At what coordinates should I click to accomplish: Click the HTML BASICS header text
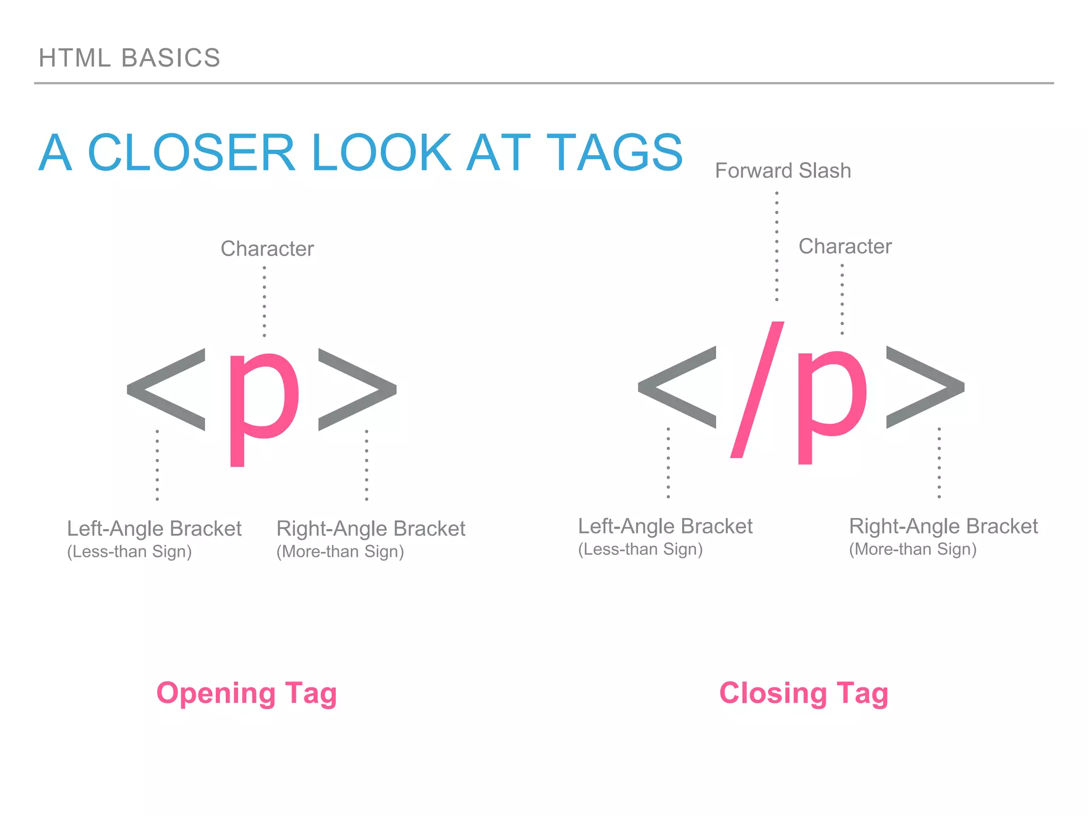pyautogui.click(x=129, y=58)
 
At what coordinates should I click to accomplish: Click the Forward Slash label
pyautogui.click(x=783, y=171)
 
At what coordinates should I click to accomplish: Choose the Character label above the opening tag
pyautogui.click(x=267, y=249)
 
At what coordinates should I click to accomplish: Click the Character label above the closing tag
pyautogui.click(x=845, y=246)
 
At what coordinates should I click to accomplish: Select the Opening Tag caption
pyautogui.click(x=246, y=693)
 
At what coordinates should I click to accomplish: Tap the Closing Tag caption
pyautogui.click(x=803, y=693)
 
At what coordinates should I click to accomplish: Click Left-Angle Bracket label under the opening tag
pyautogui.click(x=154, y=529)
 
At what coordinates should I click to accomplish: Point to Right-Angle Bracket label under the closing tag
pyautogui.click(x=943, y=526)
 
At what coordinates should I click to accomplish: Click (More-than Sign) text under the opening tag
pyautogui.click(x=340, y=552)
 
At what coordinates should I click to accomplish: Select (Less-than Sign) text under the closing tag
pyautogui.click(x=640, y=549)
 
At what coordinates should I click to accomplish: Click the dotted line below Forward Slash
pyautogui.click(x=777, y=247)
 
